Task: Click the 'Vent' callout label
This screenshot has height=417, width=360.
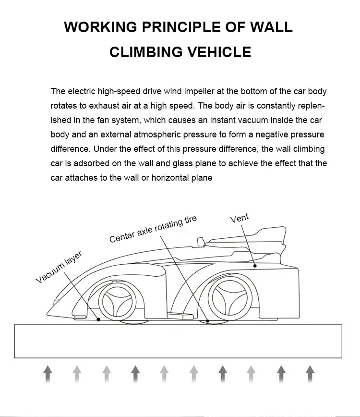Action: (240, 219)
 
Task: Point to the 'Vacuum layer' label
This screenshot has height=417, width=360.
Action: (59, 268)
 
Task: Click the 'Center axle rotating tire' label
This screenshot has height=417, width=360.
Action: (153, 230)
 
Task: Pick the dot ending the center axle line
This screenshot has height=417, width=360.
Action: (207, 320)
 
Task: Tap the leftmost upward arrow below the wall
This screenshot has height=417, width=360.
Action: (47, 373)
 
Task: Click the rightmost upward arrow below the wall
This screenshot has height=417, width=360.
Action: (310, 373)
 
